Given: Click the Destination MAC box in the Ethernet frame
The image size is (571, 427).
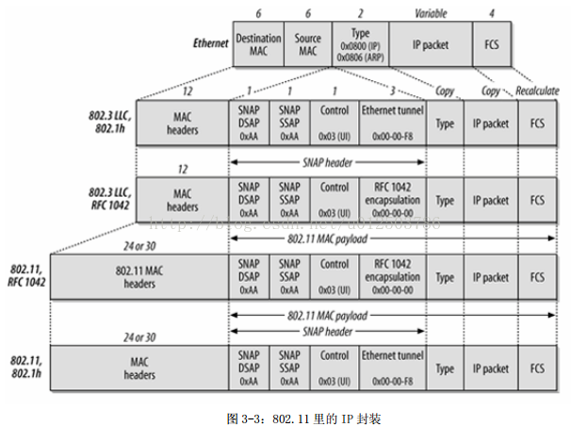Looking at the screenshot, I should [x=258, y=44].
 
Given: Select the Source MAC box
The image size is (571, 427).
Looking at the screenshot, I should [x=307, y=44].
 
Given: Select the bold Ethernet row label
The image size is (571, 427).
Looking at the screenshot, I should [x=210, y=43].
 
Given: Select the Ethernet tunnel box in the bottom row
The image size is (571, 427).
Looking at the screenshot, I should [x=391, y=366].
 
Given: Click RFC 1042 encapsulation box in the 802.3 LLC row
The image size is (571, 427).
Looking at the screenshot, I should [x=391, y=200].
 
